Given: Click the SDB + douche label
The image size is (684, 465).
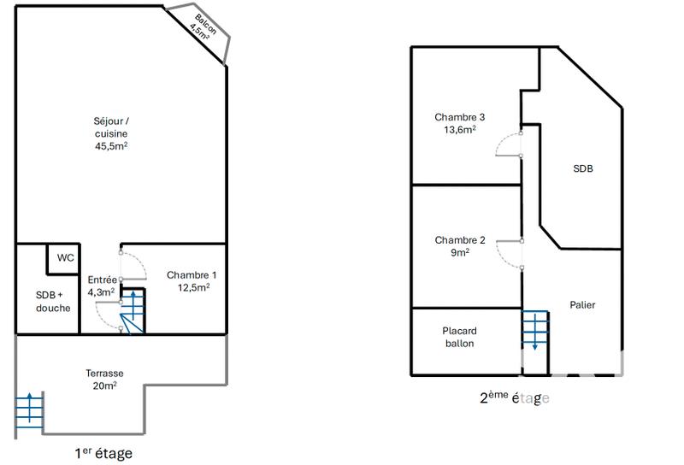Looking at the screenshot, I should pyautogui.click(x=53, y=301).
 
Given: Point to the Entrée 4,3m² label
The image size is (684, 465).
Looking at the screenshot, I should pyautogui.click(x=102, y=285).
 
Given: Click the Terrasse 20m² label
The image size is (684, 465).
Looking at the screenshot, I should pyautogui.click(x=104, y=380).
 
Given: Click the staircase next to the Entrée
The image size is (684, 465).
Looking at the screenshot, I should pyautogui.click(x=133, y=311).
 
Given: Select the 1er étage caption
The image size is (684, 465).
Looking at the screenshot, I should pyautogui.click(x=103, y=453).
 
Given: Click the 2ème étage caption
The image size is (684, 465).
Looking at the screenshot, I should pyautogui.click(x=514, y=397).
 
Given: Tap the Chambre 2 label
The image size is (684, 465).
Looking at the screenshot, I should pyautogui.click(x=460, y=246).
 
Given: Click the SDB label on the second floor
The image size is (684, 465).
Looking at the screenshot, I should pyautogui.click(x=582, y=168).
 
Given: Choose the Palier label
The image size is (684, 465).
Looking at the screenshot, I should pyautogui.click(x=582, y=304).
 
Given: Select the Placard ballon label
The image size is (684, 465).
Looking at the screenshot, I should pyautogui.click(x=459, y=337).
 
